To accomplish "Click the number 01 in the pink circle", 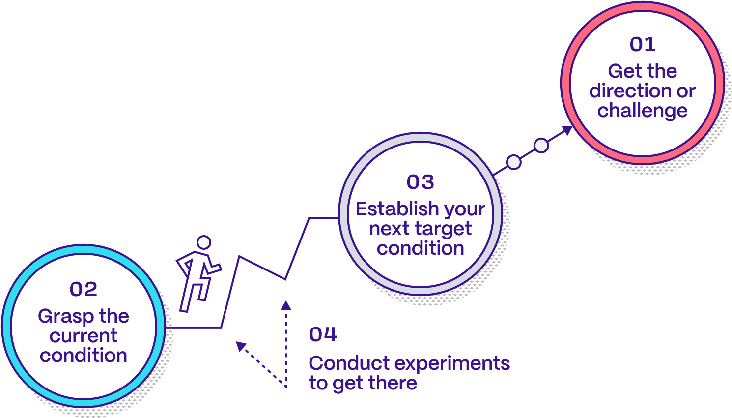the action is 642,45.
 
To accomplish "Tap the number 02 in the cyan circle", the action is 84,289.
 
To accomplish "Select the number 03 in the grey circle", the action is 420,182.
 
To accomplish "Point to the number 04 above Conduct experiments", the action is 323,335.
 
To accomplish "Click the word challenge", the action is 642,111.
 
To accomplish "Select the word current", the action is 84,336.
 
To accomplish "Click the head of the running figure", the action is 203,242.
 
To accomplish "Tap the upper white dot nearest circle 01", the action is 541,146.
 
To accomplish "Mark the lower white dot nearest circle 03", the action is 513,162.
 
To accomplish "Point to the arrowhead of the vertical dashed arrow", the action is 285,305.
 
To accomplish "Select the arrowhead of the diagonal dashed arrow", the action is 240,346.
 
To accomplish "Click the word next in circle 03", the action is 389,229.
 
